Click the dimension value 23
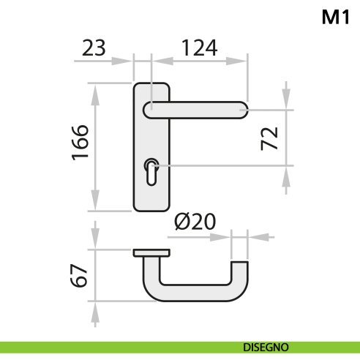coord(93,48)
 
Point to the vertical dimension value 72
coord(269,138)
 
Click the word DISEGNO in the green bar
coord(266,346)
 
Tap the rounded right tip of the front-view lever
coord(243,110)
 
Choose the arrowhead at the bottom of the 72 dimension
coord(286,175)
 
